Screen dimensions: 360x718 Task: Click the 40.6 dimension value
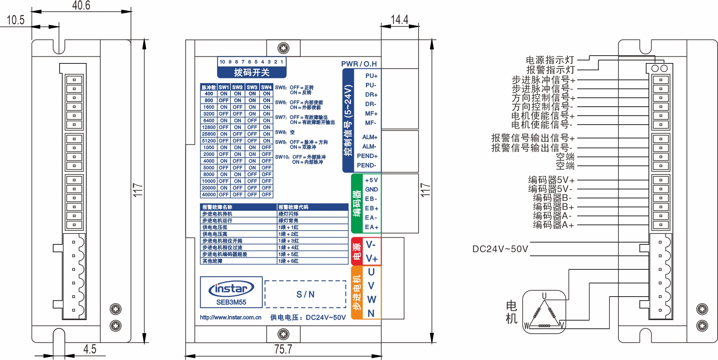81,5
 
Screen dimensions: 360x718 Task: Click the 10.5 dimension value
16,20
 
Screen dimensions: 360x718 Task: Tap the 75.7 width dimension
283,350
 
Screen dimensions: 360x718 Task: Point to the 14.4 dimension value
399,19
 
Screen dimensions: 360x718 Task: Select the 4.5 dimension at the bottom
90,349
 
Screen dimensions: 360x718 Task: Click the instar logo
231,289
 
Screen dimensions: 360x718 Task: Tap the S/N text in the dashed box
305,294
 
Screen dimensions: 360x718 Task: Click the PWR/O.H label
359,64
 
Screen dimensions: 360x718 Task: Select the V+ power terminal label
371,259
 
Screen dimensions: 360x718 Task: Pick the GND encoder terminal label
371,190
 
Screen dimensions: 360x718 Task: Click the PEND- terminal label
367,165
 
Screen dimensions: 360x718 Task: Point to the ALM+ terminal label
370,137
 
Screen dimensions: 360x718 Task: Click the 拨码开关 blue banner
252,72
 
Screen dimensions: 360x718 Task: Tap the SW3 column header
252,87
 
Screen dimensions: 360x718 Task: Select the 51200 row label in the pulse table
209,141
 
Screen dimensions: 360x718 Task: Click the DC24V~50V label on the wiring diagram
500,249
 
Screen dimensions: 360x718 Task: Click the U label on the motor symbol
544,296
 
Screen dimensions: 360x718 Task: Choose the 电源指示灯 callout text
550,60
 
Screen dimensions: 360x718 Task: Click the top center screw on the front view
283,48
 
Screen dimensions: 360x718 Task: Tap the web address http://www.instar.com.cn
231,317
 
